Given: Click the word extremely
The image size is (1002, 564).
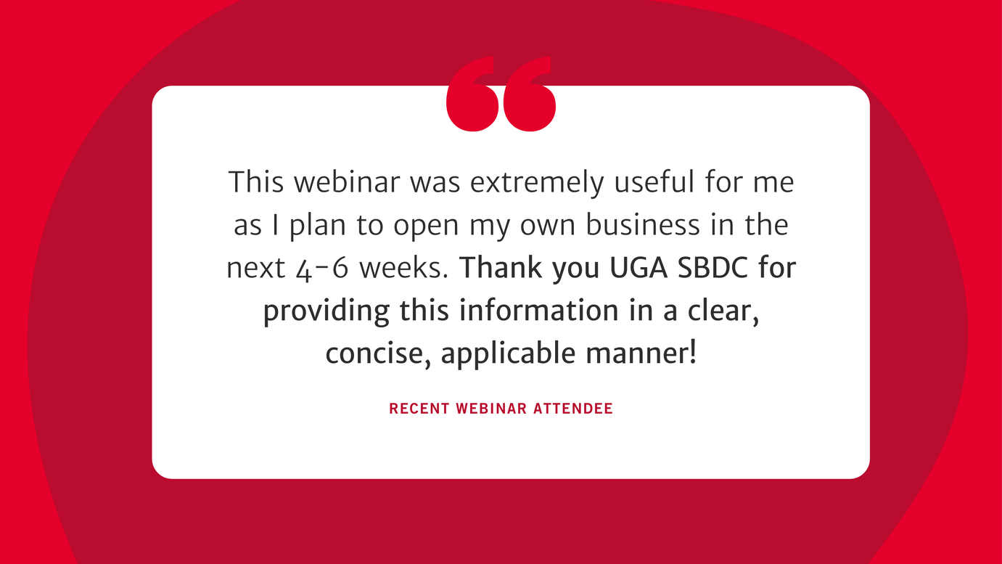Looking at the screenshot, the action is [537, 184].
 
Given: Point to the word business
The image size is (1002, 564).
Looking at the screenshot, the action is [642, 224].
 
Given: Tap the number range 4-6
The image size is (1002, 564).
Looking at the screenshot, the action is [322, 269].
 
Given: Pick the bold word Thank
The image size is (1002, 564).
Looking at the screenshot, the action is [501, 267].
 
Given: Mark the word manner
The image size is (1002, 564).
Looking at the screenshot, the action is [641, 353].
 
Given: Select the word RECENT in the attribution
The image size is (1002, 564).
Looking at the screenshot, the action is [419, 409].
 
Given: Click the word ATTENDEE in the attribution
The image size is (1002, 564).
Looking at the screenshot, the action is [573, 409].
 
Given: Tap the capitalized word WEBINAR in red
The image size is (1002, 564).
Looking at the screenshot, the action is [491, 409].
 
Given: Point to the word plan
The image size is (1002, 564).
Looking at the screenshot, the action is [318, 226].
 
